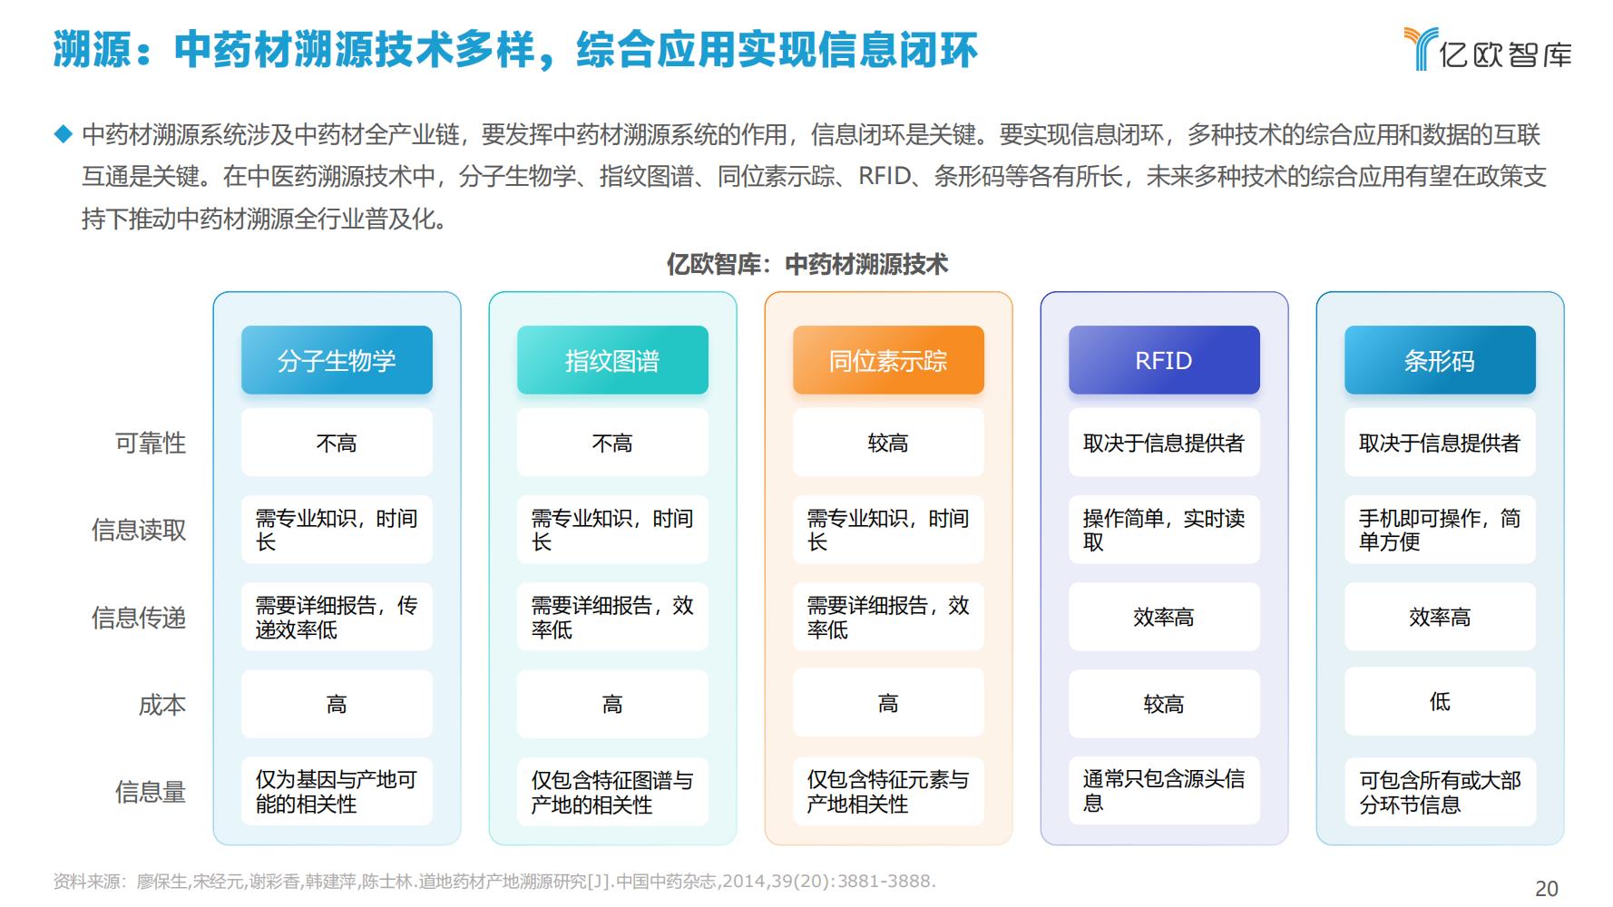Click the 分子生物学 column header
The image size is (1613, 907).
tap(337, 360)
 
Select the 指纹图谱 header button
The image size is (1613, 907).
tap(612, 360)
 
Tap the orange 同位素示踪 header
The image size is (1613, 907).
tap(888, 360)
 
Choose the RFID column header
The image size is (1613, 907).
tap(1164, 360)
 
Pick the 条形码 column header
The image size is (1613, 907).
tap(1440, 360)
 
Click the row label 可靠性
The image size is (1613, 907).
tap(151, 443)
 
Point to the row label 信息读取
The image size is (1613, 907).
tap(139, 530)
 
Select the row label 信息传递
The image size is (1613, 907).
tap(139, 618)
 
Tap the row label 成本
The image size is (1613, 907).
tap(162, 705)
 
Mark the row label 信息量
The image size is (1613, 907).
tap(151, 792)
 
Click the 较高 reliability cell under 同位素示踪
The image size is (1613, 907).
tap(888, 443)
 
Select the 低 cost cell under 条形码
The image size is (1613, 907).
tap(1440, 701)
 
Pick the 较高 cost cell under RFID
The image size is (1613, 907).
tap(1164, 704)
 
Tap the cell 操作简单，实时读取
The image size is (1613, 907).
tap(1164, 530)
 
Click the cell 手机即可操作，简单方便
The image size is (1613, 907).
tap(1440, 530)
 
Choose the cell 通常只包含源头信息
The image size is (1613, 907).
tap(1164, 791)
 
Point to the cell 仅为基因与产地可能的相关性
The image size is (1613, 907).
tap(337, 792)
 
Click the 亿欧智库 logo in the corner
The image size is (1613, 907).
tap(1488, 49)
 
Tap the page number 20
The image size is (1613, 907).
tap(1546, 889)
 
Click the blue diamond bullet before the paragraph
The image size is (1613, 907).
tap(63, 134)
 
